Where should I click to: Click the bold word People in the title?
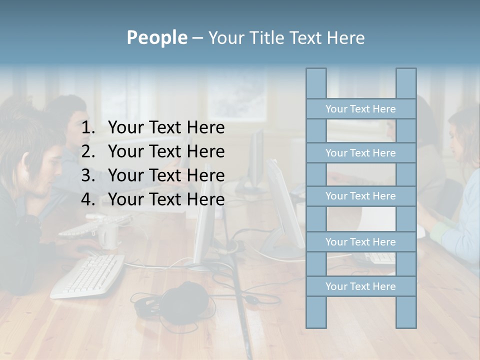pyautogui.click(x=156, y=37)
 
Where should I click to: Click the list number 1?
pyautogui.click(x=87, y=128)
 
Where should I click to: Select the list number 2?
pyautogui.click(x=87, y=151)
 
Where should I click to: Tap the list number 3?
pyautogui.click(x=87, y=175)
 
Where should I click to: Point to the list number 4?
pyautogui.click(x=87, y=199)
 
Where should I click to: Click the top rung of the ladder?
pyautogui.click(x=360, y=109)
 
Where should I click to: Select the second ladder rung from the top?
pyautogui.click(x=360, y=153)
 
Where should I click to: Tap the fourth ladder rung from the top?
pyautogui.click(x=360, y=242)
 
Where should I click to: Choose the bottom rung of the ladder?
pyautogui.click(x=360, y=286)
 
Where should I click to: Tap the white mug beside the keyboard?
pyautogui.click(x=107, y=235)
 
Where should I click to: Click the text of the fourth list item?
pyautogui.click(x=166, y=199)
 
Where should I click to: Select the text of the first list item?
pyautogui.click(x=166, y=128)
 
